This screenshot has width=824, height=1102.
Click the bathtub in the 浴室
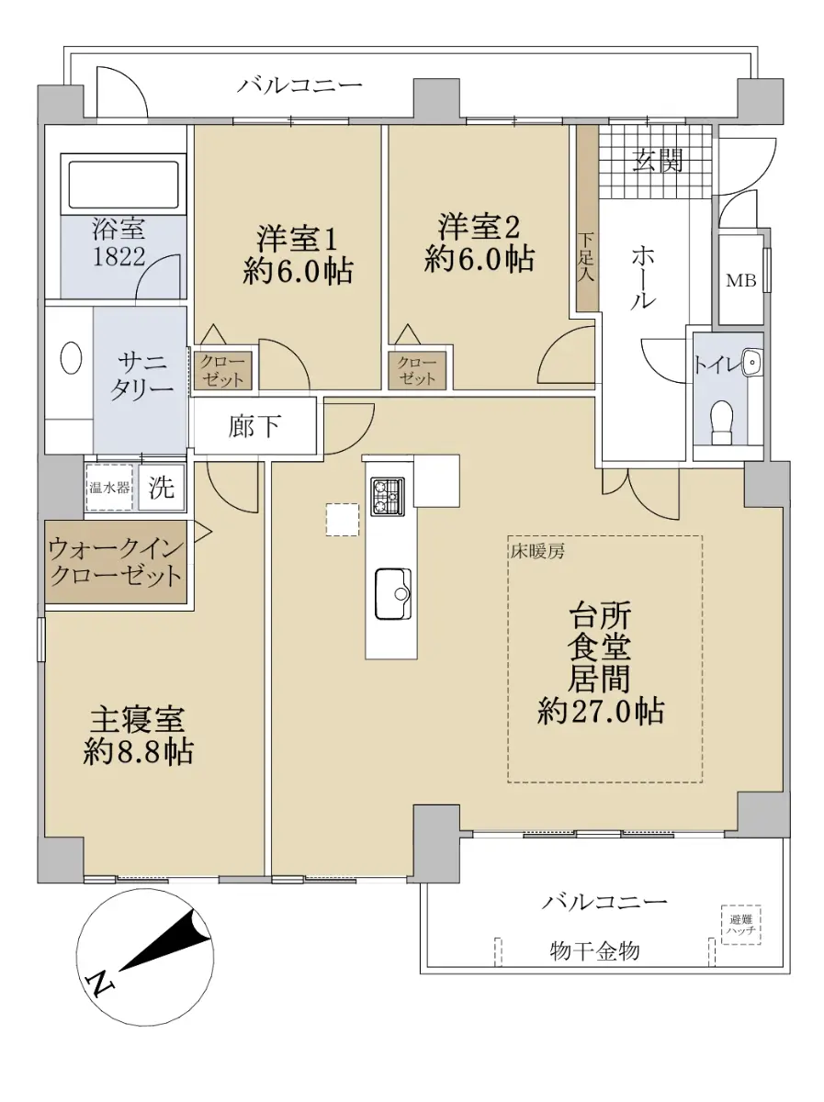[123, 185]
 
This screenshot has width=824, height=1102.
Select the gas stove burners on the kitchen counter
[387, 496]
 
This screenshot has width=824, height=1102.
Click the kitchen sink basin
[393, 594]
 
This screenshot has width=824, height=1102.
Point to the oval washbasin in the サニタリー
[71, 357]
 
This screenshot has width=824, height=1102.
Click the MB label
[741, 281]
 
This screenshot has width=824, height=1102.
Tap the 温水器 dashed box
[109, 488]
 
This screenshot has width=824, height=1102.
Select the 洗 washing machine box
[161, 488]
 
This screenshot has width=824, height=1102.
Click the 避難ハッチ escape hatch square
[741, 925]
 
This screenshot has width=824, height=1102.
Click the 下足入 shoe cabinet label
[586, 258]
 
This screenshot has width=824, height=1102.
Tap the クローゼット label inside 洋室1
[222, 371]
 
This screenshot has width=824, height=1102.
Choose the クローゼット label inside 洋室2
[417, 371]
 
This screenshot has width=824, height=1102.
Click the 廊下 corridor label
[254, 426]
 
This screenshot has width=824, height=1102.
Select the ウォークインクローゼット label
[115, 563]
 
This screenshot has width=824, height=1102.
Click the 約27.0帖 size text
[601, 712]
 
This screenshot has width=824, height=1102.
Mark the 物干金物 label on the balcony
[594, 950]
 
